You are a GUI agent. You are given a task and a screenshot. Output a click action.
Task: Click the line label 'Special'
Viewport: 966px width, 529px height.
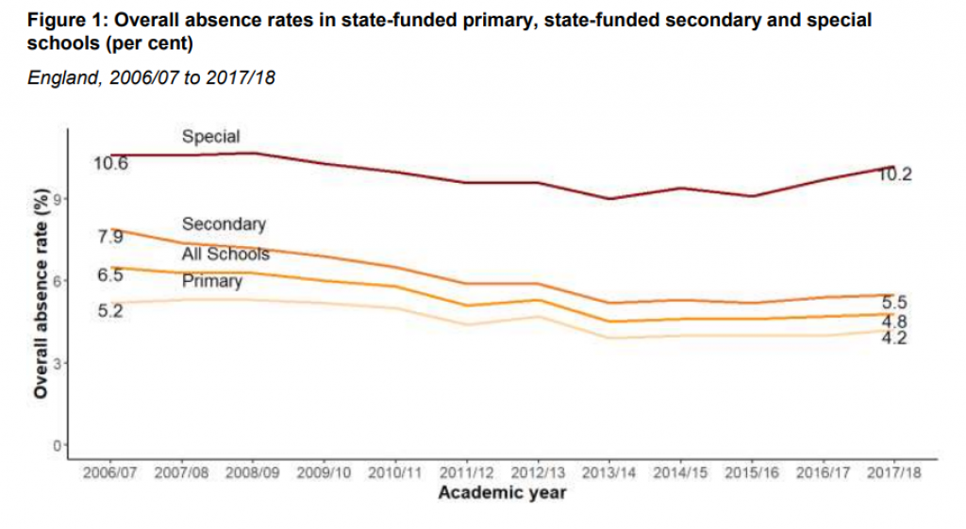coord(210,137)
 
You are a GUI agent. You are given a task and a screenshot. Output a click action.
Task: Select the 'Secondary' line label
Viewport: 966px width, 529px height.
coord(224,224)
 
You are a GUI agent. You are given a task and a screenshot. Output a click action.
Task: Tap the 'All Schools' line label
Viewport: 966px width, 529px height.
coord(225,254)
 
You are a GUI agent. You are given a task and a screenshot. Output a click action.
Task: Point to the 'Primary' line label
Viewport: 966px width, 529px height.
coord(212,281)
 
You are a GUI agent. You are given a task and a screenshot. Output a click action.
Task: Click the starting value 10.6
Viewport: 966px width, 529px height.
coord(110,164)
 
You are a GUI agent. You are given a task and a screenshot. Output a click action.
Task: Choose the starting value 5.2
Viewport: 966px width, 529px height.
coord(110,310)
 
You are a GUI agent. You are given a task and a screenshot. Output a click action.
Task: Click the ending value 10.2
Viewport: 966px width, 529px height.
coord(894,175)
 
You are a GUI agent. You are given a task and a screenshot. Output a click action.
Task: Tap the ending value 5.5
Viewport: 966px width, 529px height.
coord(894,303)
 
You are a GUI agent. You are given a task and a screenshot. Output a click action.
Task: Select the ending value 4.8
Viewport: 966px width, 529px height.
coord(894,322)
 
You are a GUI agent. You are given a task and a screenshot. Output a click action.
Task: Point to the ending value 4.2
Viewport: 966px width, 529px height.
coord(894,338)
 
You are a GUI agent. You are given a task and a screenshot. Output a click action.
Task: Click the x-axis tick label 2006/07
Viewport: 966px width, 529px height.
coord(109,472)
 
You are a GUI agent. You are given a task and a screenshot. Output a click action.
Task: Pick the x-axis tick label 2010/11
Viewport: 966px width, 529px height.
coord(395,472)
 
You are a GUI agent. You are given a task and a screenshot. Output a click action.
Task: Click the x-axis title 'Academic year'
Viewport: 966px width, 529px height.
coord(502,493)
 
